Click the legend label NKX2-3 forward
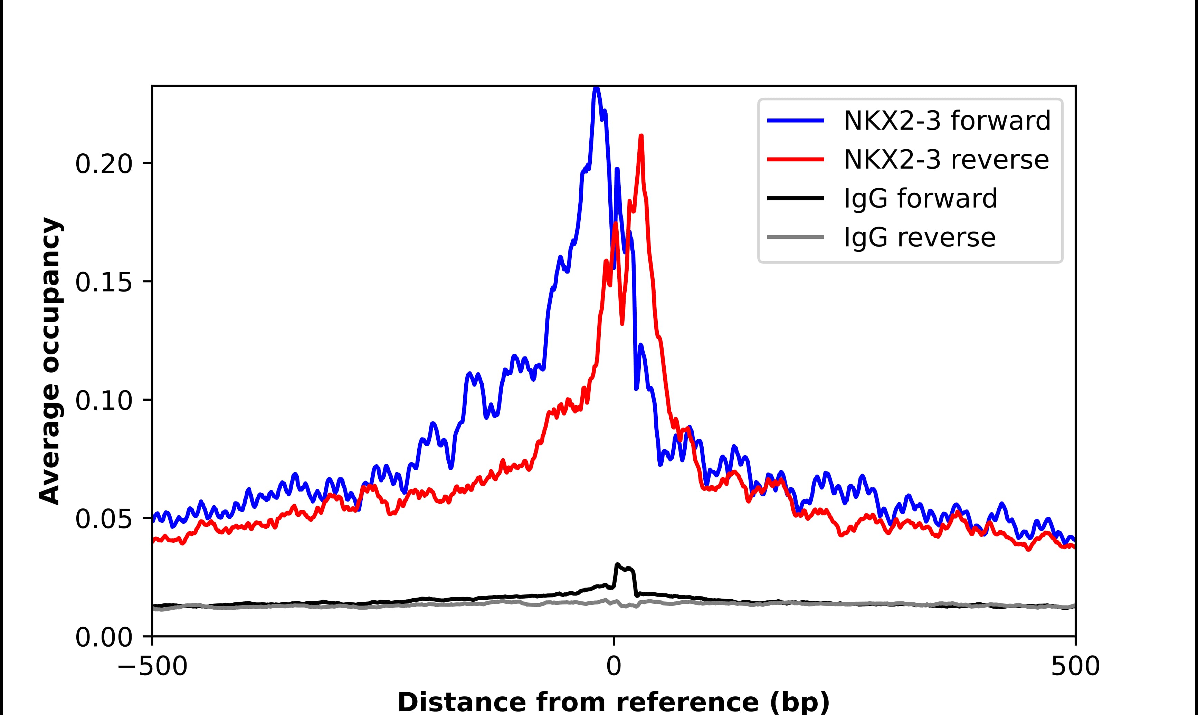[947, 121]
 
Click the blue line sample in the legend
[795, 121]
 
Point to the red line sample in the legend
[795, 160]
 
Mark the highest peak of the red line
[641, 136]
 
